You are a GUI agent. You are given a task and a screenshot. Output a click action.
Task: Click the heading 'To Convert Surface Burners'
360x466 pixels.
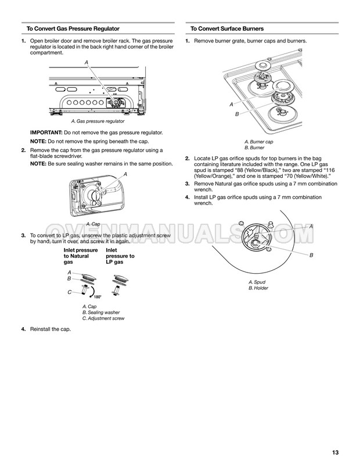(227, 28)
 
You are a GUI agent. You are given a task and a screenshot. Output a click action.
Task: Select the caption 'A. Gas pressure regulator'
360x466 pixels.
(98, 121)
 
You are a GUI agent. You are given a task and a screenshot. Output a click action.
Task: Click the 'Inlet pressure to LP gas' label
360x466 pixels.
(120, 256)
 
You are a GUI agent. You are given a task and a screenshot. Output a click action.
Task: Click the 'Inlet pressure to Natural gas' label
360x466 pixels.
(80, 256)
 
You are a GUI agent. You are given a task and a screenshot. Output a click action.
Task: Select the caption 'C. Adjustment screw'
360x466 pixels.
(103, 318)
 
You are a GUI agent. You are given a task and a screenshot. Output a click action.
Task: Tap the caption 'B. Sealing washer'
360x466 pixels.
(101, 312)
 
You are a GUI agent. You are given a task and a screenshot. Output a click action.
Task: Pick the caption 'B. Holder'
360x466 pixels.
(258, 288)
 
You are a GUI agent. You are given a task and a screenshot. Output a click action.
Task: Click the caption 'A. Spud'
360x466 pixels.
(256, 281)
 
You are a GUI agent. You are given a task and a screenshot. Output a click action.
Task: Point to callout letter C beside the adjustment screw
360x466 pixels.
(70, 292)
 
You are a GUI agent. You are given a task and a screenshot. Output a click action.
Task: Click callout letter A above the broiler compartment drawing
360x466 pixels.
(87, 62)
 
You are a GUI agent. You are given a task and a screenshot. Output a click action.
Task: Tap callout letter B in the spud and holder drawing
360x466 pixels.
(311, 255)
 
